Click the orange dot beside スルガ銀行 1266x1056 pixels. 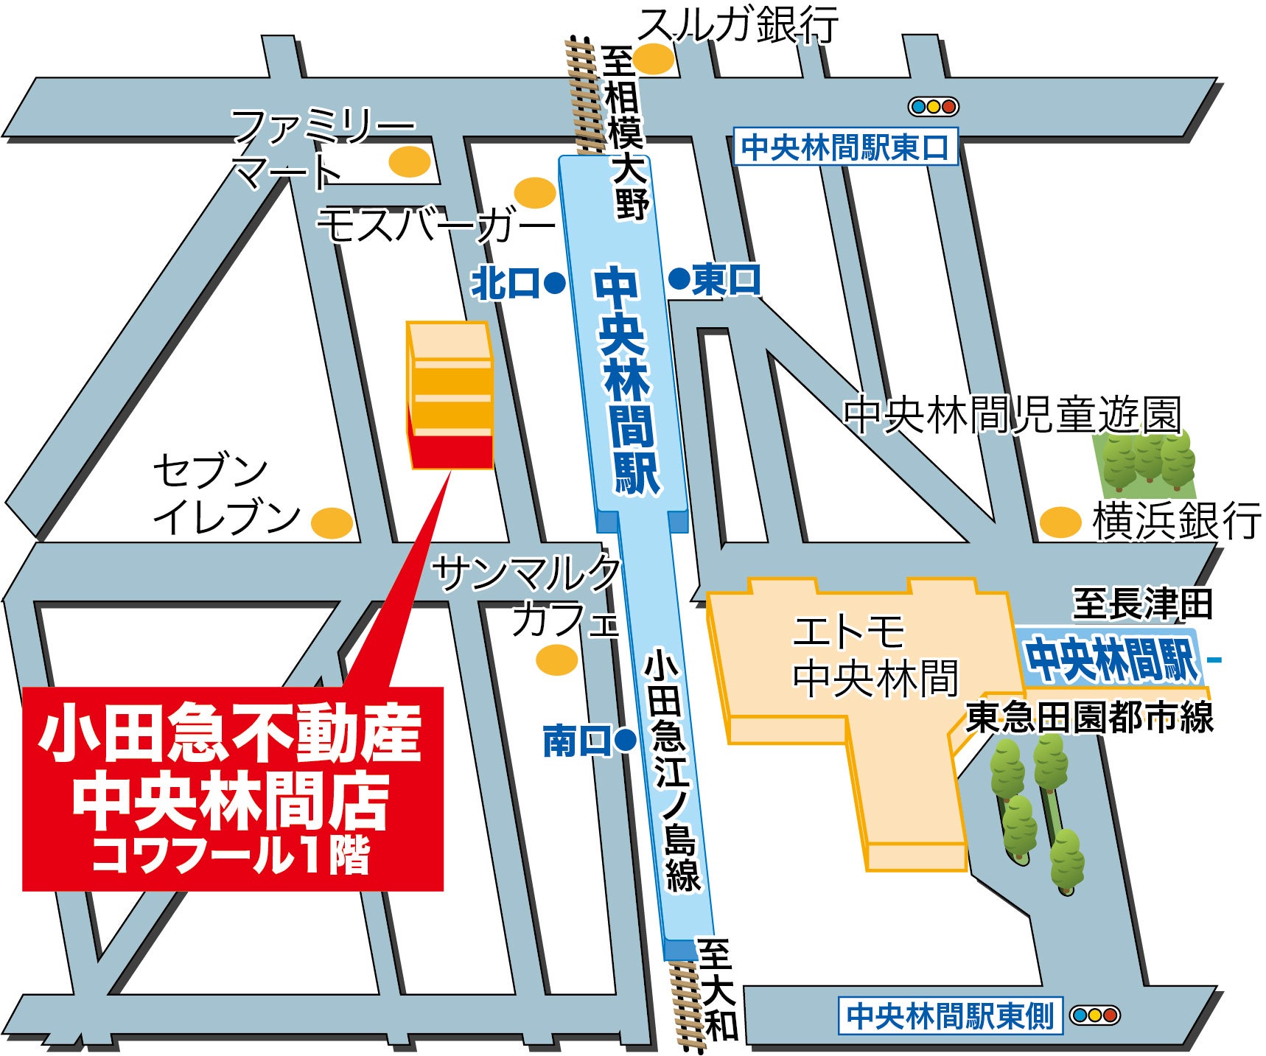click(x=653, y=59)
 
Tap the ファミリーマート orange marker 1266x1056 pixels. click(x=409, y=161)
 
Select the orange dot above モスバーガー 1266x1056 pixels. click(x=535, y=192)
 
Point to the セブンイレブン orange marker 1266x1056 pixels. click(x=332, y=523)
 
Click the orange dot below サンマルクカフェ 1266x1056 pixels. click(x=556, y=660)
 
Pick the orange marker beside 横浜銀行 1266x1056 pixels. click(x=1060, y=522)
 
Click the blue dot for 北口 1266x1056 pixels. click(x=554, y=282)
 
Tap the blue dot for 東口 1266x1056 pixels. click(x=679, y=279)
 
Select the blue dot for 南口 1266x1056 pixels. click(x=625, y=740)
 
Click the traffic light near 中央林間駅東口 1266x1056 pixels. click(x=933, y=107)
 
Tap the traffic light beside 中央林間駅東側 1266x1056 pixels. click(x=1094, y=1015)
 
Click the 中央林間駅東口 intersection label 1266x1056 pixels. click(x=845, y=147)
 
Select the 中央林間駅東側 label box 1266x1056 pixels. click(x=950, y=1015)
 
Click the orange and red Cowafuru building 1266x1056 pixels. click(x=450, y=396)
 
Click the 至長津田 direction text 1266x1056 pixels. click(x=1141, y=604)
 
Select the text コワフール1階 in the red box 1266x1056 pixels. click(x=231, y=856)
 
